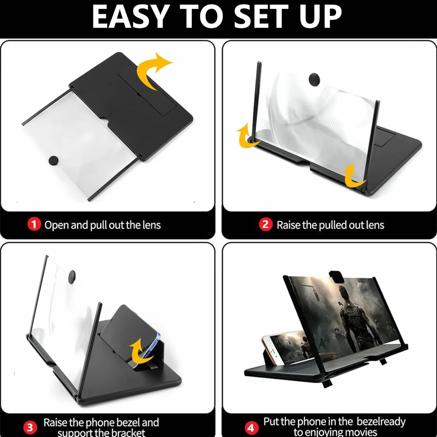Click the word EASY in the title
tap(130, 16)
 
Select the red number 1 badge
tap(34, 224)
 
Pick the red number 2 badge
tap(266, 224)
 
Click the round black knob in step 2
tap(314, 79)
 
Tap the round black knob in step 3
tap(72, 277)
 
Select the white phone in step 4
tap(281, 347)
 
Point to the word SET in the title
tap(261, 16)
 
